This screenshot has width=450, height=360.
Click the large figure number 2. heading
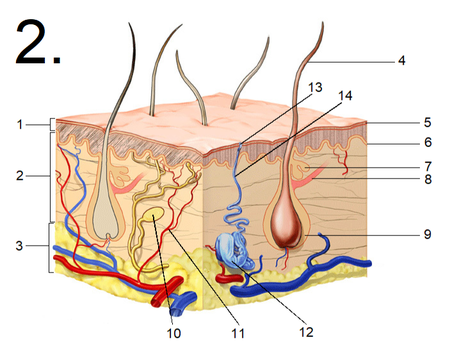38,43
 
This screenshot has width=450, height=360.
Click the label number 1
20,125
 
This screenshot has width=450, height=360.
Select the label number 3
20,246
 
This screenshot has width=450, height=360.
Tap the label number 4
402,60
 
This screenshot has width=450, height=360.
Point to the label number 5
428,122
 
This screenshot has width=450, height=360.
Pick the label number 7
428,167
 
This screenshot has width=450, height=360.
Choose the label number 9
428,234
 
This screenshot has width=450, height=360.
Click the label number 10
174,333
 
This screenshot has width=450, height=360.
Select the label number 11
238,333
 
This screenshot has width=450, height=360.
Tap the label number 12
306,332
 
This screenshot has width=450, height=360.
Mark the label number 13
315,87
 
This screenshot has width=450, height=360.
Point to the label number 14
345,96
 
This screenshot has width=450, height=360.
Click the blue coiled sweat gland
235,250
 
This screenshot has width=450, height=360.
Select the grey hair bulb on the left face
105,219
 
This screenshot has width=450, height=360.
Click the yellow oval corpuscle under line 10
154,214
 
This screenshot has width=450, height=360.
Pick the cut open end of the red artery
157,300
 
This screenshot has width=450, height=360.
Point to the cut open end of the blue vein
176,312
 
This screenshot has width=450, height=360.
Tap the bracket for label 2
51,177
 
